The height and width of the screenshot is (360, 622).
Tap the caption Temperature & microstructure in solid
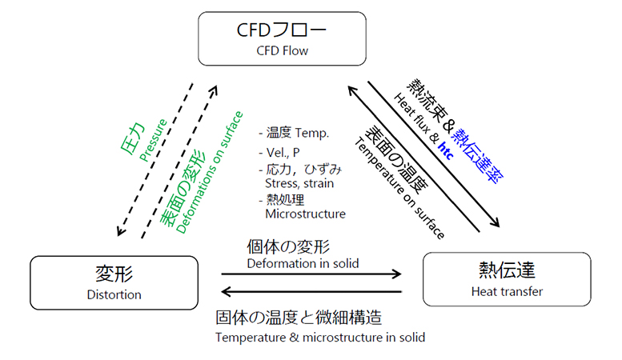pos(320,337)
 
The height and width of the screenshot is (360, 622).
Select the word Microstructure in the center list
pos(305,214)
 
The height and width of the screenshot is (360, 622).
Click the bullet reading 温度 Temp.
pos(294,132)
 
